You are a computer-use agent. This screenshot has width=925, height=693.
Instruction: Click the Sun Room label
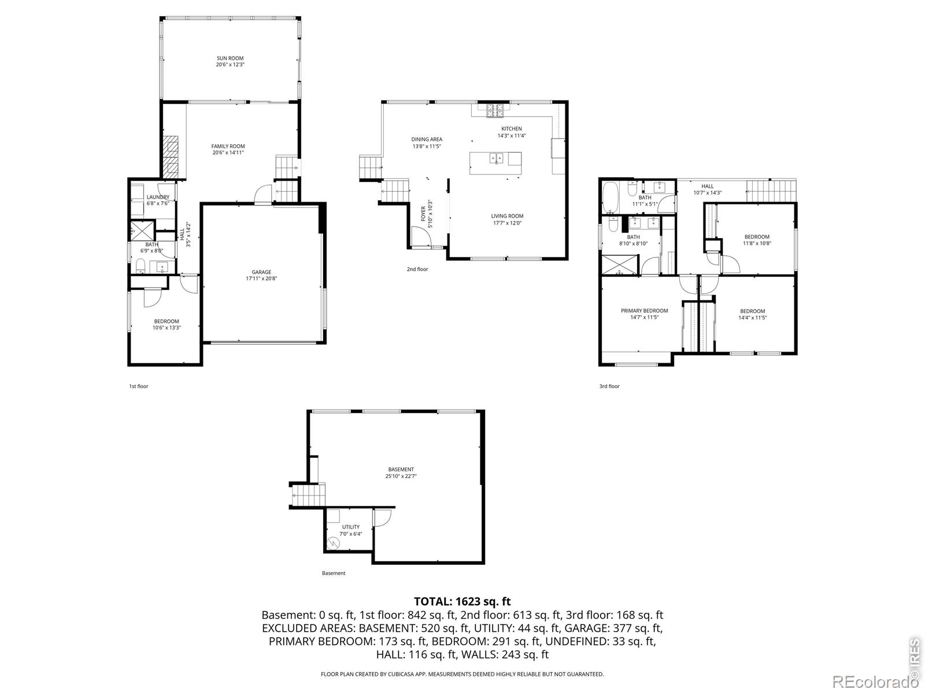coord(230,58)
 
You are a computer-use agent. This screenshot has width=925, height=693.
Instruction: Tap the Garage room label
coord(261,272)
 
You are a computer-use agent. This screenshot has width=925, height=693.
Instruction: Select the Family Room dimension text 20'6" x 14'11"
coord(228,153)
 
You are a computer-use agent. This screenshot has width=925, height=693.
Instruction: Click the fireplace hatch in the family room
coord(171,157)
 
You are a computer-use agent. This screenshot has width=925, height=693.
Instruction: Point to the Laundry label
coord(158,197)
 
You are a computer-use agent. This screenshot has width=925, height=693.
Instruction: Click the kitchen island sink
coord(497,158)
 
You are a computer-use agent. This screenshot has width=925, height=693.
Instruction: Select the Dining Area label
coord(427,139)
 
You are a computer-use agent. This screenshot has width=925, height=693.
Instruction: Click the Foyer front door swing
coord(420,237)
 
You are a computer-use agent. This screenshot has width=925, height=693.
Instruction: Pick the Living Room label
coord(507,216)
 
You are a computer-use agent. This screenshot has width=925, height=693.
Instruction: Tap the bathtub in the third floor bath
coord(610,198)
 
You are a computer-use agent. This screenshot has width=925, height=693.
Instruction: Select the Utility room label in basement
coord(350,527)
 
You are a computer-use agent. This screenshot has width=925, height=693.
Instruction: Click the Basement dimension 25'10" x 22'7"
coord(401,476)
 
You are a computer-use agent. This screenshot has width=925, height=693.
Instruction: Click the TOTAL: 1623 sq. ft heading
coord(462,601)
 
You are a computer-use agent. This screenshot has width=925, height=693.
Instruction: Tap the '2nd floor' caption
coord(417,269)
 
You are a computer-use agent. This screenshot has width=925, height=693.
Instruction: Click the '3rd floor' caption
coord(609,386)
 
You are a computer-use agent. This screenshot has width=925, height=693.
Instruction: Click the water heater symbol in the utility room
coord(333,543)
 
